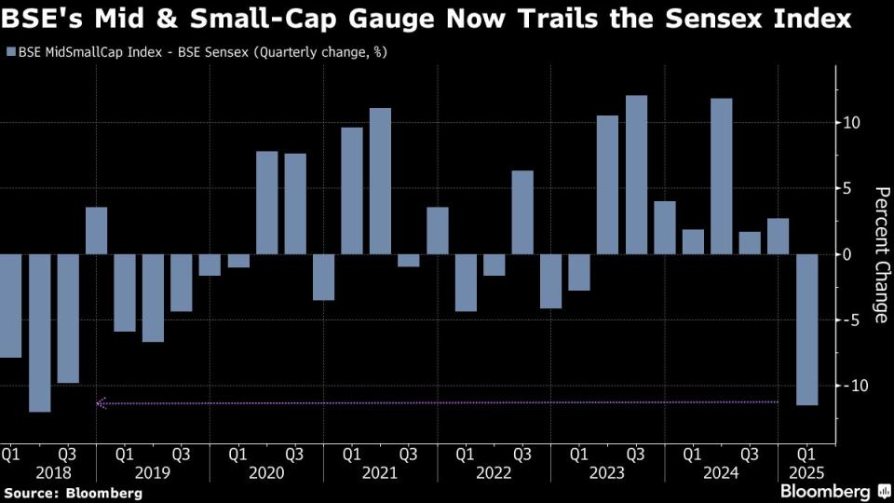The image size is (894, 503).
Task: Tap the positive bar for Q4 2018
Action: (97, 230)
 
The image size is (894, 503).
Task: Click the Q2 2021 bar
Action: (380, 181)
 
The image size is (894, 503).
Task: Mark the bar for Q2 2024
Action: (721, 176)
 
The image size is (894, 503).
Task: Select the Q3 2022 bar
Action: (522, 211)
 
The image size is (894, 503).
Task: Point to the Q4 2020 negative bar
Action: (323, 277)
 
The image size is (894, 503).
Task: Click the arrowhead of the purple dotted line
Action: (101, 403)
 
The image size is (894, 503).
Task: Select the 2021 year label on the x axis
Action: (380, 473)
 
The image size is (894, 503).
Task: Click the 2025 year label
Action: (806, 473)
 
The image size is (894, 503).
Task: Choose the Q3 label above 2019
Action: (182, 455)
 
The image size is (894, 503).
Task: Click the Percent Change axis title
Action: (881, 254)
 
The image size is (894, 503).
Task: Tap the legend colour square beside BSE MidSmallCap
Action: (10, 53)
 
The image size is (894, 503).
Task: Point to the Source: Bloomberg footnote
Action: (74, 492)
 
